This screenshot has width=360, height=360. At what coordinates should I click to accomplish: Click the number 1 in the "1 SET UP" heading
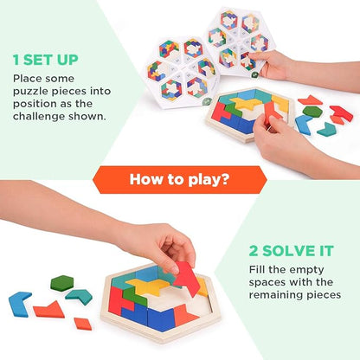[16, 61]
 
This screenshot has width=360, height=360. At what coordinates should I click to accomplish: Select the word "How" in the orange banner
[146, 180]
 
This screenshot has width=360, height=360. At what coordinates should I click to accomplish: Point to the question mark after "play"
[228, 180]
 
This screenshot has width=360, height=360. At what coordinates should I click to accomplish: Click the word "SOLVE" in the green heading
[283, 252]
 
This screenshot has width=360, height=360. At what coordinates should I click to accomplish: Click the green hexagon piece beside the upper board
[312, 112]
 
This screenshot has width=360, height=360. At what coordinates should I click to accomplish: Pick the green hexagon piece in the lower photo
[61, 284]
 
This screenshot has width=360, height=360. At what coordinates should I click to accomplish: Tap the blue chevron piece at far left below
[20, 303]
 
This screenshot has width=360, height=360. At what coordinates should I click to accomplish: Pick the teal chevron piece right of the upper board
[326, 129]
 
